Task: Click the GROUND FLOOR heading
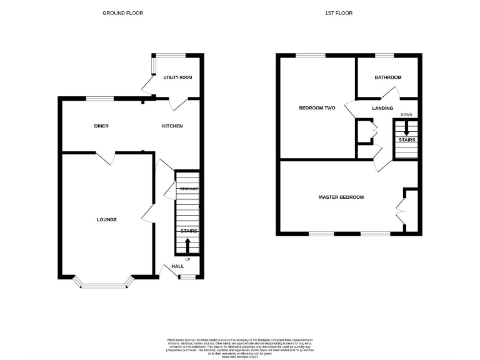click(122, 12)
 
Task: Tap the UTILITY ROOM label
click(177, 77)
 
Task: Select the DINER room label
click(101, 126)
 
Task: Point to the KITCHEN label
click(172, 126)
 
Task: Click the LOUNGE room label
click(106, 219)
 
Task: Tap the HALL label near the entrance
click(177, 266)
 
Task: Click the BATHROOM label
click(387, 77)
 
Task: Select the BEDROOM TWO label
click(317, 108)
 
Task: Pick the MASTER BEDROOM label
click(341, 197)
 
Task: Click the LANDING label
click(382, 108)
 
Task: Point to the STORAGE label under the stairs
click(189, 189)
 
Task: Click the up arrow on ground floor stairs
click(187, 244)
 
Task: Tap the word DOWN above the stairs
click(406, 115)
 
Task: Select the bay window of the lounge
click(105, 285)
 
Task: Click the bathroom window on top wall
click(384, 56)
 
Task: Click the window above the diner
click(100, 98)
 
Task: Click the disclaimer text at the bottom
click(239, 346)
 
